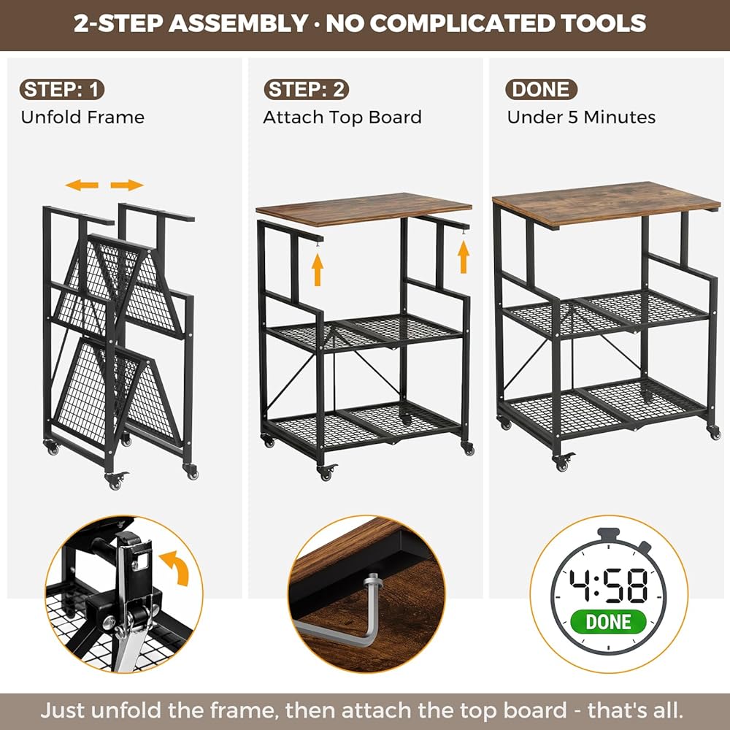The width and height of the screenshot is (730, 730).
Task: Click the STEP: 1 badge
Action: click(x=62, y=89)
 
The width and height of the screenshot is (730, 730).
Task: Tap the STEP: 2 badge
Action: click(x=307, y=89)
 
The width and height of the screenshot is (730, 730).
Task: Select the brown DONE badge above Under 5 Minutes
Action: click(x=541, y=89)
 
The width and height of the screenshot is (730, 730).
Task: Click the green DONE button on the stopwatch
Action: click(x=608, y=621)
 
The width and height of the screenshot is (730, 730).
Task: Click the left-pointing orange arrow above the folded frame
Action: click(x=82, y=185)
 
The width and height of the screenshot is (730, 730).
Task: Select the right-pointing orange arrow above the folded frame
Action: click(x=126, y=185)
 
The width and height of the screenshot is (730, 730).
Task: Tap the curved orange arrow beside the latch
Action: click(x=176, y=566)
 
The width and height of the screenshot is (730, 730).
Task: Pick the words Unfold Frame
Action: click(x=83, y=118)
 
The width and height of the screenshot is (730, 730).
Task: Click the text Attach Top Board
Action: click(x=342, y=118)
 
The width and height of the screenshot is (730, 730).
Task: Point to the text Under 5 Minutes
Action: click(x=581, y=118)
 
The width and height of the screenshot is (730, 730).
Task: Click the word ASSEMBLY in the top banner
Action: click(x=237, y=23)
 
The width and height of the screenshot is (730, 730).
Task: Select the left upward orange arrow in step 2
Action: click(x=318, y=269)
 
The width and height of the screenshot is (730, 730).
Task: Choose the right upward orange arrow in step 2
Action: click(x=464, y=257)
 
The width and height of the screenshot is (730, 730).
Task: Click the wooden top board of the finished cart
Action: click(x=606, y=203)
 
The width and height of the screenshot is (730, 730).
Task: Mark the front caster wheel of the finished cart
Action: click(x=562, y=462)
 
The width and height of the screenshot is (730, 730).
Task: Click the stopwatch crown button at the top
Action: click(x=608, y=534)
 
